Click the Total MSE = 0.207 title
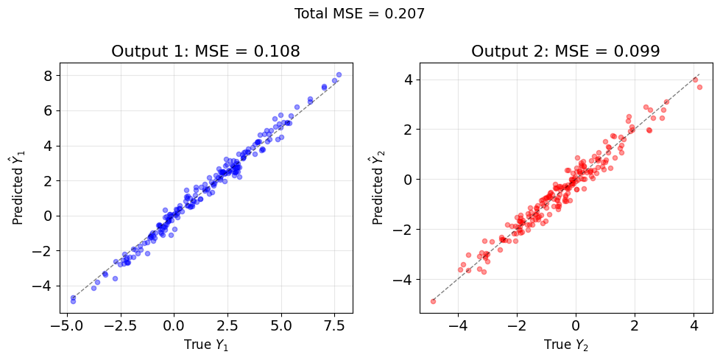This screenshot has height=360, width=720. click(x=359, y=14)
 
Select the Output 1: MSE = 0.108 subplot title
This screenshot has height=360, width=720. click(x=205, y=52)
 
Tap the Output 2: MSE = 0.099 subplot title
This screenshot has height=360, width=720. click(x=566, y=52)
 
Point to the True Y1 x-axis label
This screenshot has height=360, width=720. click(x=205, y=345)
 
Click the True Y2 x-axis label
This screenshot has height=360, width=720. click(x=566, y=345)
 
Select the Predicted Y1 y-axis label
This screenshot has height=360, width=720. click(x=18, y=188)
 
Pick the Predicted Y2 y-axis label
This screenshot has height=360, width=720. click(x=378, y=188)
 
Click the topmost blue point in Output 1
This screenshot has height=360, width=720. click(x=339, y=74)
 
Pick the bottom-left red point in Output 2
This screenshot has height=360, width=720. click(x=433, y=301)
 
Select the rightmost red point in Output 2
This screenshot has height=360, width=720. click(x=700, y=88)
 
